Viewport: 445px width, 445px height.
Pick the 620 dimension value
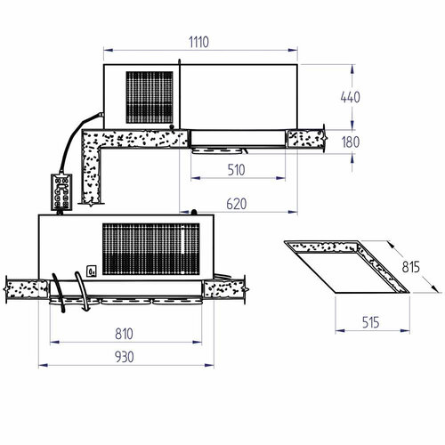234,204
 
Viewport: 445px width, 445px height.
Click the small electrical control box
61,192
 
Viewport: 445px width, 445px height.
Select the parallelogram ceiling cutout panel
347,265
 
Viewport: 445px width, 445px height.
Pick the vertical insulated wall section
92,178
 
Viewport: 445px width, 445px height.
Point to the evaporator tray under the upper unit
236,140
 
